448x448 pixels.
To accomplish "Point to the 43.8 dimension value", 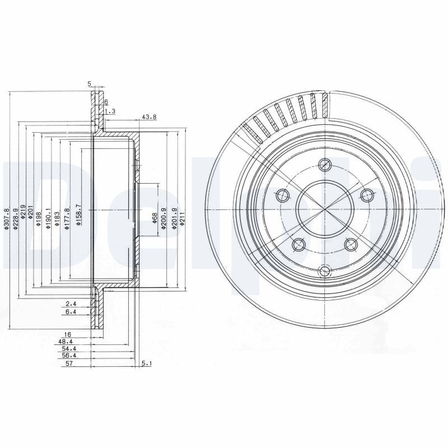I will click(149, 117).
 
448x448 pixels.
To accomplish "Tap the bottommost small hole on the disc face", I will click(324, 271).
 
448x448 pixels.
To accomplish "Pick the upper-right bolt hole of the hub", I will click(367, 194).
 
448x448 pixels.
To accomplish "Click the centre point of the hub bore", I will click(324, 209).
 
